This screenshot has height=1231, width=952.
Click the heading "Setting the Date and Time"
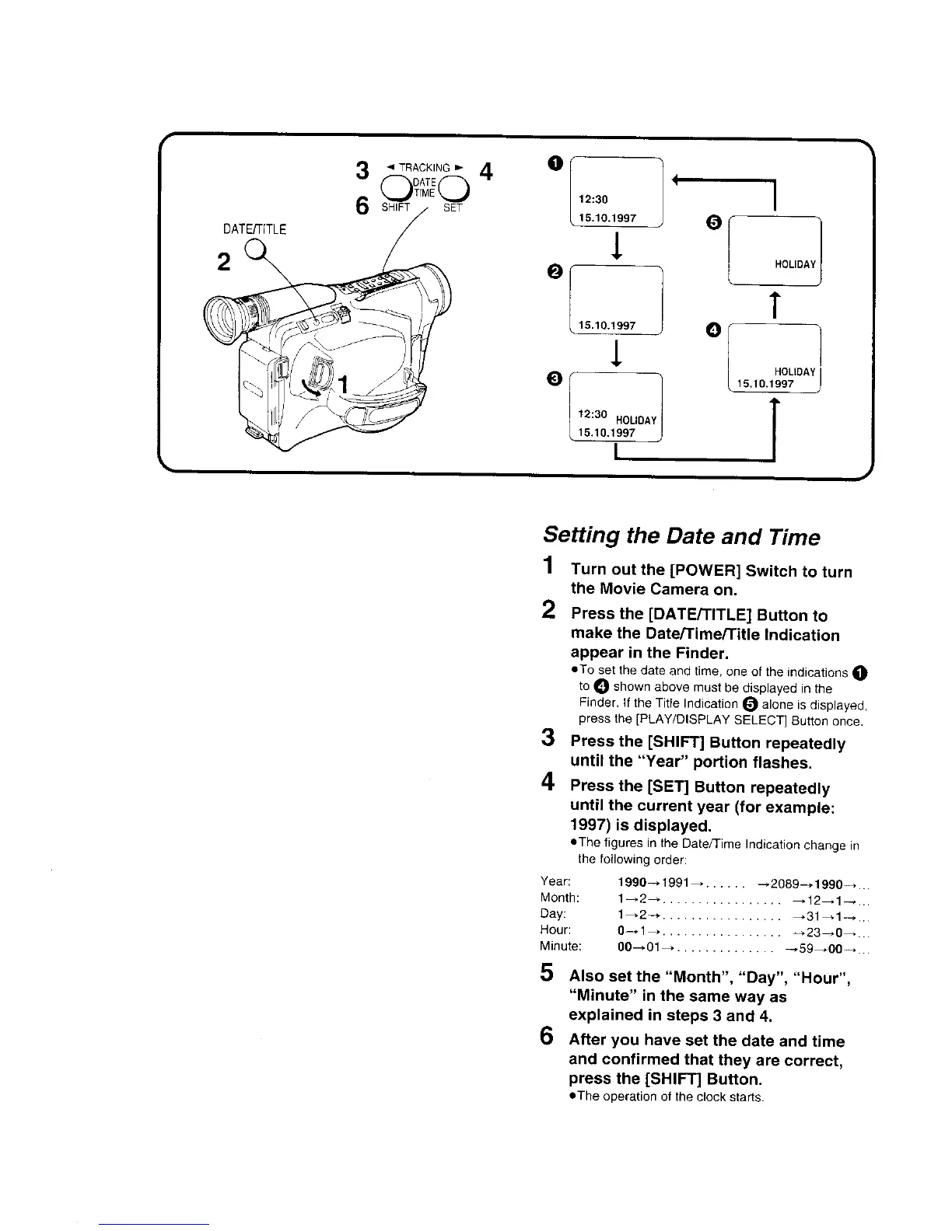(x=681, y=537)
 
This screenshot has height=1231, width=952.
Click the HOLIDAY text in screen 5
(x=795, y=264)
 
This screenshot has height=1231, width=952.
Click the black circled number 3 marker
(x=554, y=378)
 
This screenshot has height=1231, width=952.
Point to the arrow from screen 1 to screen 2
(x=616, y=246)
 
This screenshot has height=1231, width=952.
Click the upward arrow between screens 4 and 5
(x=775, y=305)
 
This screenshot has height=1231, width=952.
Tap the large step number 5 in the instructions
(x=548, y=973)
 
